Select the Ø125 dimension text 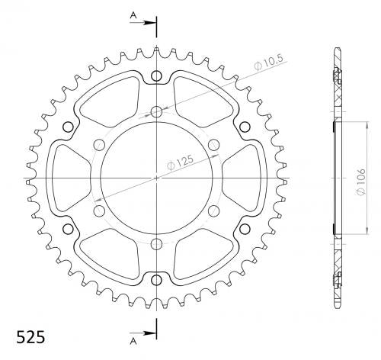[180, 162]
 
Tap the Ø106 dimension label [361, 182]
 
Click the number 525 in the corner [30, 337]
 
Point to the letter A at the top [133, 15]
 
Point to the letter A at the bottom [133, 342]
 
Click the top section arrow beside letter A [142, 23]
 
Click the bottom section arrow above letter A [142, 333]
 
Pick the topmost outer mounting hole [156, 76]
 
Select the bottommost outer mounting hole [156, 280]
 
